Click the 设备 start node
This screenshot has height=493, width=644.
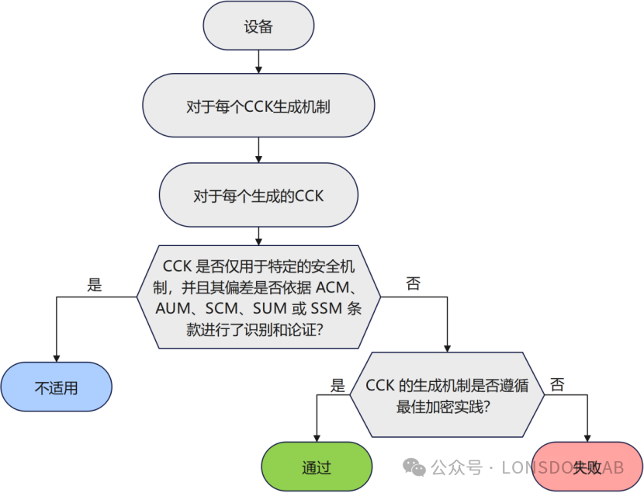[x=258, y=26]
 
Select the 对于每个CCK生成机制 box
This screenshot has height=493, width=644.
[x=258, y=106]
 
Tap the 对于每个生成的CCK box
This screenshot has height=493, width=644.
[x=258, y=196]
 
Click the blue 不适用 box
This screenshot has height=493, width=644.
[x=57, y=387]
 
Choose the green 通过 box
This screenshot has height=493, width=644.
[x=317, y=467]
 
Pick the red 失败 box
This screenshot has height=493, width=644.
[x=587, y=467]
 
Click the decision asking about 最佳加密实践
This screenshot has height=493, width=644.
[x=446, y=395]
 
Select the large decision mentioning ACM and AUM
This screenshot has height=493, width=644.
[x=258, y=297]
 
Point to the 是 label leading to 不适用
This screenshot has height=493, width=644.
[x=95, y=285]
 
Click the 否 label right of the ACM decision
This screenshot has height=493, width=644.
[x=414, y=284]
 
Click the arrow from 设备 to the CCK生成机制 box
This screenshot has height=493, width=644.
[x=258, y=61]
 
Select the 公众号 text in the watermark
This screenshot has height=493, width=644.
[x=452, y=467]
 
